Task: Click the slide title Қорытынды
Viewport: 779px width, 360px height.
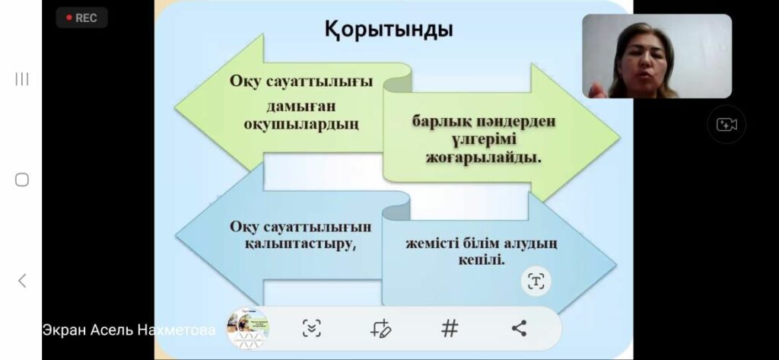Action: coord(389,30)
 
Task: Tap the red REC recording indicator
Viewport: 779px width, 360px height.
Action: coord(81,18)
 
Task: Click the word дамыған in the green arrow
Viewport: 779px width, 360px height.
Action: coord(300,106)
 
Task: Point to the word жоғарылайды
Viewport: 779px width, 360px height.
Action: coord(483,158)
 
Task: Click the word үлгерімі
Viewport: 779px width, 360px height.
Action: coord(484,140)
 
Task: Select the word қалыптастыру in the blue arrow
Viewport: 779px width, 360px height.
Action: coord(300,244)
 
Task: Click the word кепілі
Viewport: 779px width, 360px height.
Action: coord(481,260)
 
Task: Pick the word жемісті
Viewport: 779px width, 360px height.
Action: coord(431,244)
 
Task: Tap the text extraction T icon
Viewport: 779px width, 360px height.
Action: coord(536,281)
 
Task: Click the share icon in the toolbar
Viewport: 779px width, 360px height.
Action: coord(519,328)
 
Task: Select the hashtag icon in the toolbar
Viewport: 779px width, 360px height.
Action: coord(449,328)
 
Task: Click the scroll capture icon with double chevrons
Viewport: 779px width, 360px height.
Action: coord(311,328)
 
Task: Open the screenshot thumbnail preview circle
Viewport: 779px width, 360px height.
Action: coord(247,328)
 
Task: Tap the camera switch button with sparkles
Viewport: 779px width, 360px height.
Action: coord(727,124)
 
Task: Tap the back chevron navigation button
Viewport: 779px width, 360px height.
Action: coord(22,281)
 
